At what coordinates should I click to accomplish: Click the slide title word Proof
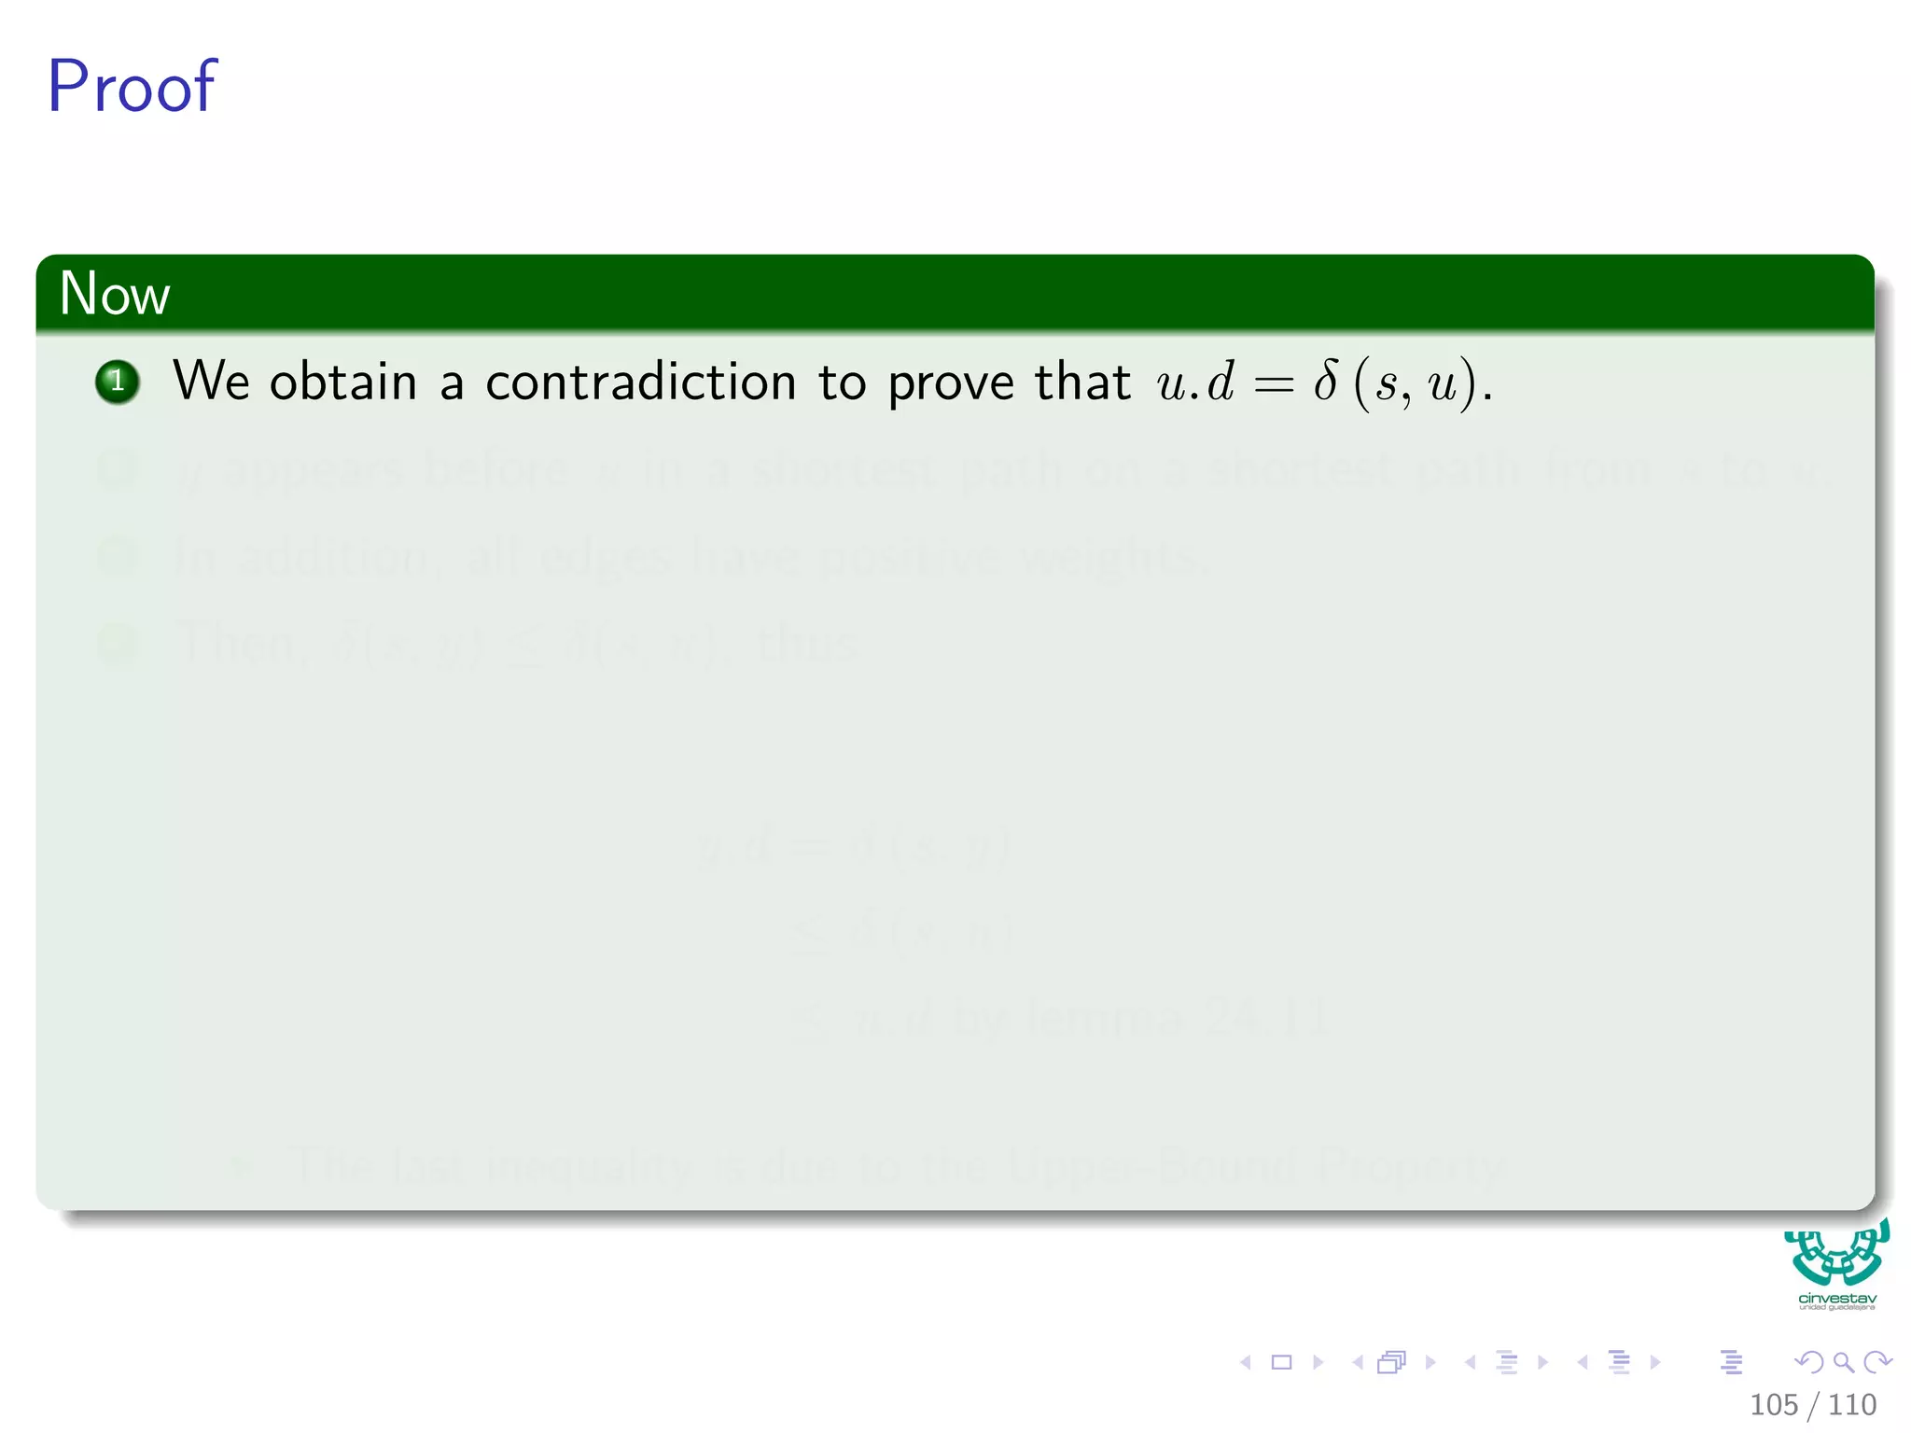pyautogui.click(x=132, y=87)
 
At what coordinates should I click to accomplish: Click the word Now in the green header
pyautogui.click(x=115, y=294)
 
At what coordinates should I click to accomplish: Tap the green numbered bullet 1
pyautogui.click(x=118, y=382)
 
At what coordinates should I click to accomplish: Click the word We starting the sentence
pyautogui.click(x=212, y=382)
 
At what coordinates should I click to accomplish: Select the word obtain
pyautogui.click(x=342, y=383)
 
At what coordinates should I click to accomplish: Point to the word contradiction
pyautogui.click(x=640, y=383)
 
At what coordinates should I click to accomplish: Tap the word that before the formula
pyautogui.click(x=1082, y=382)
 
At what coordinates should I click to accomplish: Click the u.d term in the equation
pyautogui.click(x=1195, y=383)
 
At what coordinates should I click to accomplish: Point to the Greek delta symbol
pyautogui.click(x=1325, y=381)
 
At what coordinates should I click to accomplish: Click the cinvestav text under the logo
pyautogui.click(x=1837, y=1298)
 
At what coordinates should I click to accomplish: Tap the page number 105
pyautogui.click(x=1773, y=1405)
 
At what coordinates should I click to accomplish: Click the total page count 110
pyautogui.click(x=1852, y=1405)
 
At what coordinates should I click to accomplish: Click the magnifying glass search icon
pyautogui.click(x=1843, y=1362)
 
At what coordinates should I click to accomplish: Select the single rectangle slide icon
pyautogui.click(x=1282, y=1362)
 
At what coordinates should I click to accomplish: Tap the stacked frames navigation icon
pyautogui.click(x=1391, y=1362)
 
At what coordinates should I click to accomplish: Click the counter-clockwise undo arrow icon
pyautogui.click(x=1808, y=1362)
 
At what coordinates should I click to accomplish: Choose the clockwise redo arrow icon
pyautogui.click(x=1877, y=1362)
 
